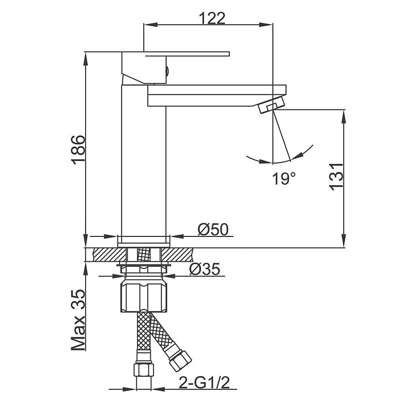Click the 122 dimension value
212,18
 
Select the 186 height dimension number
78,150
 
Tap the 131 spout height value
336,177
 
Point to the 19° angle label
283,179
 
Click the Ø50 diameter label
213,229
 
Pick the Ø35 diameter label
205,269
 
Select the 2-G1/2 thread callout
205,383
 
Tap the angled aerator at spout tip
271,105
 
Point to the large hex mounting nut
143,297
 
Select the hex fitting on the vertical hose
144,370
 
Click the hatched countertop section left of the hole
109,255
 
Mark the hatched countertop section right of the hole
177,255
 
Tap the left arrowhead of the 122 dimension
150,24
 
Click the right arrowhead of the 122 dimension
266,24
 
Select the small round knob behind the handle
168,71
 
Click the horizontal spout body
217,95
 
